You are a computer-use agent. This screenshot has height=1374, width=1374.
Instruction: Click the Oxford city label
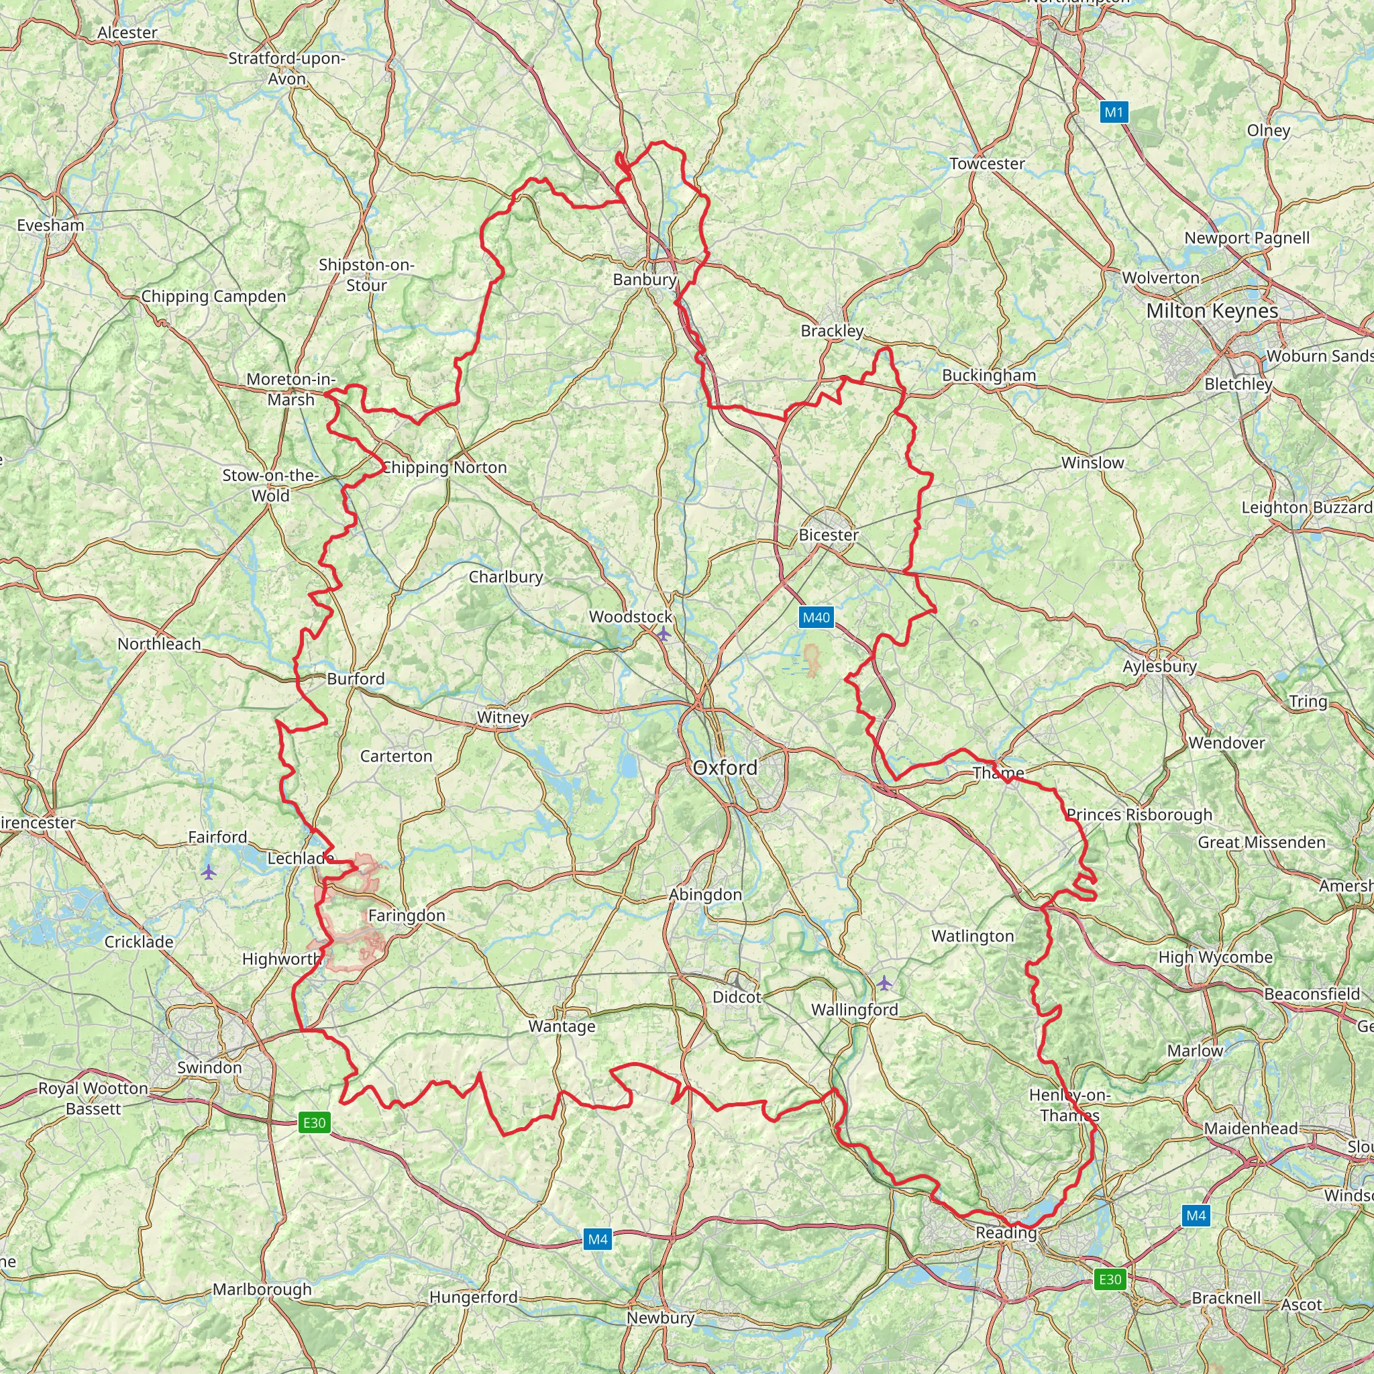[x=725, y=768]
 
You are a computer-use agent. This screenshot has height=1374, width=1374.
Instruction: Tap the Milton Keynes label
[x=1212, y=311]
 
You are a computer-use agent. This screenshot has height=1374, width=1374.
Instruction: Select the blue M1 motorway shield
[x=1114, y=112]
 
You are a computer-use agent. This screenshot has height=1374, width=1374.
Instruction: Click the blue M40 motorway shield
[x=816, y=617]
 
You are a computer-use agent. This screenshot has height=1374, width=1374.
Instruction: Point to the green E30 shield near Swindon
[x=313, y=1122]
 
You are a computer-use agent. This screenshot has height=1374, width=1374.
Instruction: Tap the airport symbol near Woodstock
[x=663, y=633]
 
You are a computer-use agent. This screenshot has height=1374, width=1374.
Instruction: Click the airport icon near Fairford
[x=208, y=871]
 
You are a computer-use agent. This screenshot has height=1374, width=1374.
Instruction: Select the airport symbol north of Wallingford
[x=884, y=983]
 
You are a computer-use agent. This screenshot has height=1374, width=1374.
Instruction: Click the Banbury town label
[x=644, y=280]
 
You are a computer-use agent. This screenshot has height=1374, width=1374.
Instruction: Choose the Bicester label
[x=829, y=535]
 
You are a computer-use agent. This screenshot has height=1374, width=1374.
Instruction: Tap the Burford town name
[x=356, y=678]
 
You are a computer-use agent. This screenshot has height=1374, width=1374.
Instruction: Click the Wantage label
[x=561, y=1026]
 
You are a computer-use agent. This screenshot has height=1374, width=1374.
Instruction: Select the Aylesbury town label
[x=1159, y=666]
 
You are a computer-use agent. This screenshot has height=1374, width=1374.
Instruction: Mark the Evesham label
[x=50, y=225]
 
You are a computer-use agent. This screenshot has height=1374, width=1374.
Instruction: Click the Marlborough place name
[x=262, y=1289]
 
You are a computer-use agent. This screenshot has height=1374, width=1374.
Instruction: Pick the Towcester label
[x=986, y=164]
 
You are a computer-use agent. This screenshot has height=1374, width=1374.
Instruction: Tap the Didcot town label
[x=737, y=997]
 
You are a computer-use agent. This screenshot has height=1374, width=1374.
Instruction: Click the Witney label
[x=502, y=717]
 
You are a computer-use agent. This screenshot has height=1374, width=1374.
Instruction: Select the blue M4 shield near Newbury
[x=597, y=1240]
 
